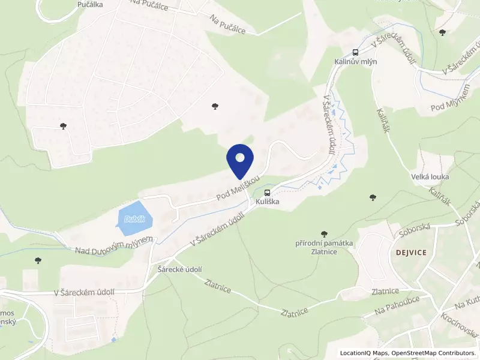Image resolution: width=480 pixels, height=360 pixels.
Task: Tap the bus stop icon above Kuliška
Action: click(267, 193)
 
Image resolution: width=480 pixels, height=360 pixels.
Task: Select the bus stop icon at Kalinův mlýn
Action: click(355, 52)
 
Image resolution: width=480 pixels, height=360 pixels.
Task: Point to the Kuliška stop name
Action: click(267, 202)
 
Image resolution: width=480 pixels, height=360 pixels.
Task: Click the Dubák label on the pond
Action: click(134, 219)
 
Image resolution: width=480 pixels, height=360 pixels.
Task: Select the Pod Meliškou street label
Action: click(238, 189)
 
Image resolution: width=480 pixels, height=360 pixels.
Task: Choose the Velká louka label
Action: click(430, 176)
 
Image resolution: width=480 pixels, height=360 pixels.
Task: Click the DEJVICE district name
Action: click(411, 253)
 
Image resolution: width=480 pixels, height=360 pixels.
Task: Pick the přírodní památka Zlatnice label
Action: click(323, 248)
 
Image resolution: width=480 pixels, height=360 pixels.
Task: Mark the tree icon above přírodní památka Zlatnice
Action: click(325, 233)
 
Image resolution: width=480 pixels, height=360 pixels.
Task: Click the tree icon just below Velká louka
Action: click(373, 196)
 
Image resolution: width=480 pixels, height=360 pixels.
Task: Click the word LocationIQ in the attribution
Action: click(358, 353)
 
